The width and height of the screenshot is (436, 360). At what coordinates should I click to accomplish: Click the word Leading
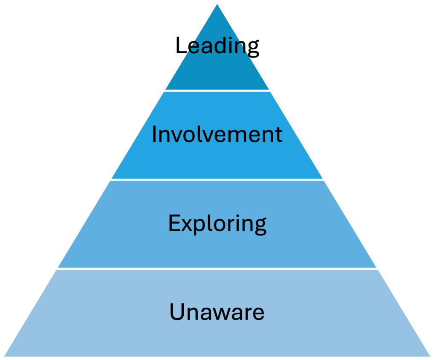(217, 46)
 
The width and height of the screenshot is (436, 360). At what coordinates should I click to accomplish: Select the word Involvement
(217, 135)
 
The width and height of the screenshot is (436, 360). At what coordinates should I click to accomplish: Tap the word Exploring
(217, 224)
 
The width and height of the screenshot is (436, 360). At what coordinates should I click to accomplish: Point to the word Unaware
(217, 312)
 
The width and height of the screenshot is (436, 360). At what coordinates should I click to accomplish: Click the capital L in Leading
(181, 46)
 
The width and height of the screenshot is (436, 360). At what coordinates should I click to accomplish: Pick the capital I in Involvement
(154, 135)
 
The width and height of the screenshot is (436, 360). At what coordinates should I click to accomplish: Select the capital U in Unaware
(176, 312)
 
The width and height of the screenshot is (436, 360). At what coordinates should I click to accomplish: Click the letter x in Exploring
(185, 225)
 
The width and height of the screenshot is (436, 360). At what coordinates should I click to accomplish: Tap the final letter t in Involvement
(279, 135)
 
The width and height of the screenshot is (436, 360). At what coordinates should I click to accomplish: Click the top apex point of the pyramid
(217, 2)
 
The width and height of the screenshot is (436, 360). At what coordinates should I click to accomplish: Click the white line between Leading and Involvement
(217, 90)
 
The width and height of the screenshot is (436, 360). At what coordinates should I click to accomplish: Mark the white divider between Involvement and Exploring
(217, 179)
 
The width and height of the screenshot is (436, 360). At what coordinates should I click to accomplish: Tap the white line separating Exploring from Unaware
(217, 268)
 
